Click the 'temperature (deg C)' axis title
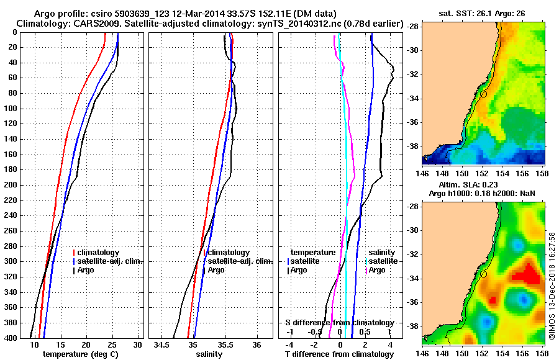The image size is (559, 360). [x=80, y=354]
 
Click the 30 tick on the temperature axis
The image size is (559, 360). [x=137, y=344]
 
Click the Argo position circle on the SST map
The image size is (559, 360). [x=483, y=94]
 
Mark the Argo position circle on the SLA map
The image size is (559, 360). [x=483, y=274]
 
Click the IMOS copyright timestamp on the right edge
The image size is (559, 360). [x=552, y=286]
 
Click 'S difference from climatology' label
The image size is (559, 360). [x=339, y=323]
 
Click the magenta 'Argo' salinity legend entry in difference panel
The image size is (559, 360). [x=376, y=270]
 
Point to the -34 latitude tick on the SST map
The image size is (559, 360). [x=413, y=98]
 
